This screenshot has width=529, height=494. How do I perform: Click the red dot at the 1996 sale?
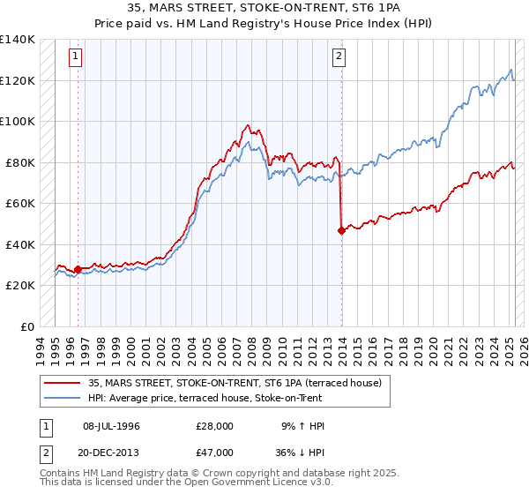[78, 269]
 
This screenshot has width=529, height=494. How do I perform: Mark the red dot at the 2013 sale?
[341, 230]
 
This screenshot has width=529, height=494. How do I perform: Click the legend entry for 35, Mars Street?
[234, 383]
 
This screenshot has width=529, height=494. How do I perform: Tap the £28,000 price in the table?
[215, 426]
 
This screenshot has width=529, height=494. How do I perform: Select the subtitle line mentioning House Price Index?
[264, 23]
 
